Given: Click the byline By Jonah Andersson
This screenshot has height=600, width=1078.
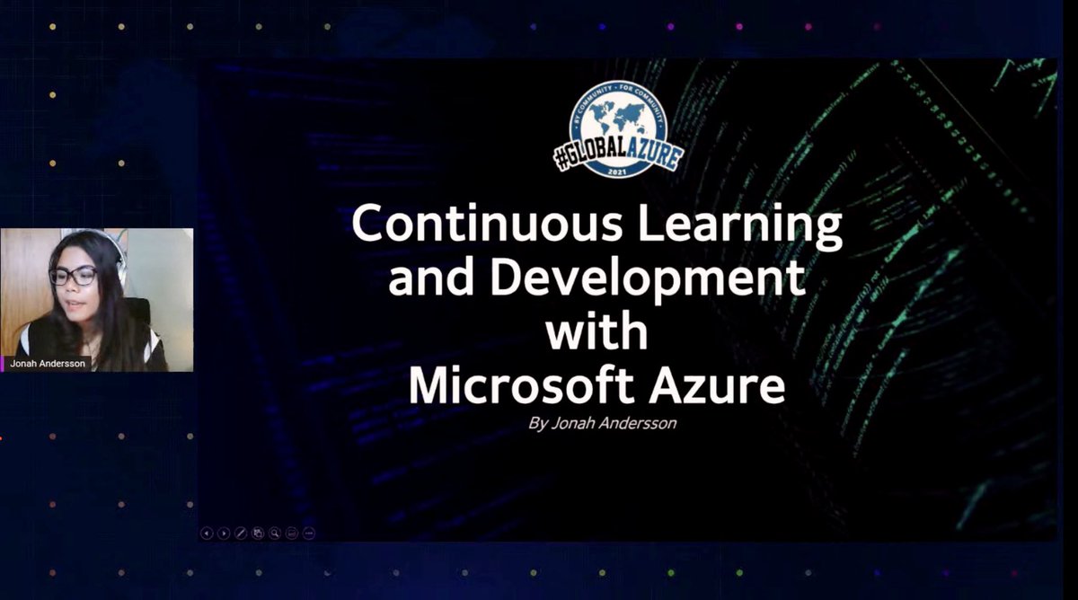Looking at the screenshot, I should click(602, 423).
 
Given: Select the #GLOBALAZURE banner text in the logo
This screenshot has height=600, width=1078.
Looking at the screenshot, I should click(618, 154).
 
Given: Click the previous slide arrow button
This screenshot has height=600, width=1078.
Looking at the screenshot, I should click(207, 533).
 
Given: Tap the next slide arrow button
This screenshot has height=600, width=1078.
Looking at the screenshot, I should click(224, 533).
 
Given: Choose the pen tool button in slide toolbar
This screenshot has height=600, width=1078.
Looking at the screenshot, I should click(241, 533).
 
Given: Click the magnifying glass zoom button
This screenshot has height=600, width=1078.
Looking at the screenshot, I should click(275, 533).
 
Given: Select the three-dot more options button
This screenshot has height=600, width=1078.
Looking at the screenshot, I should click(309, 533).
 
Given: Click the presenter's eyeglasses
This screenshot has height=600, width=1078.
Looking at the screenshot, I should click(73, 276).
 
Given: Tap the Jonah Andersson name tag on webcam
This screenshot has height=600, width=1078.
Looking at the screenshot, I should click(47, 364).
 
